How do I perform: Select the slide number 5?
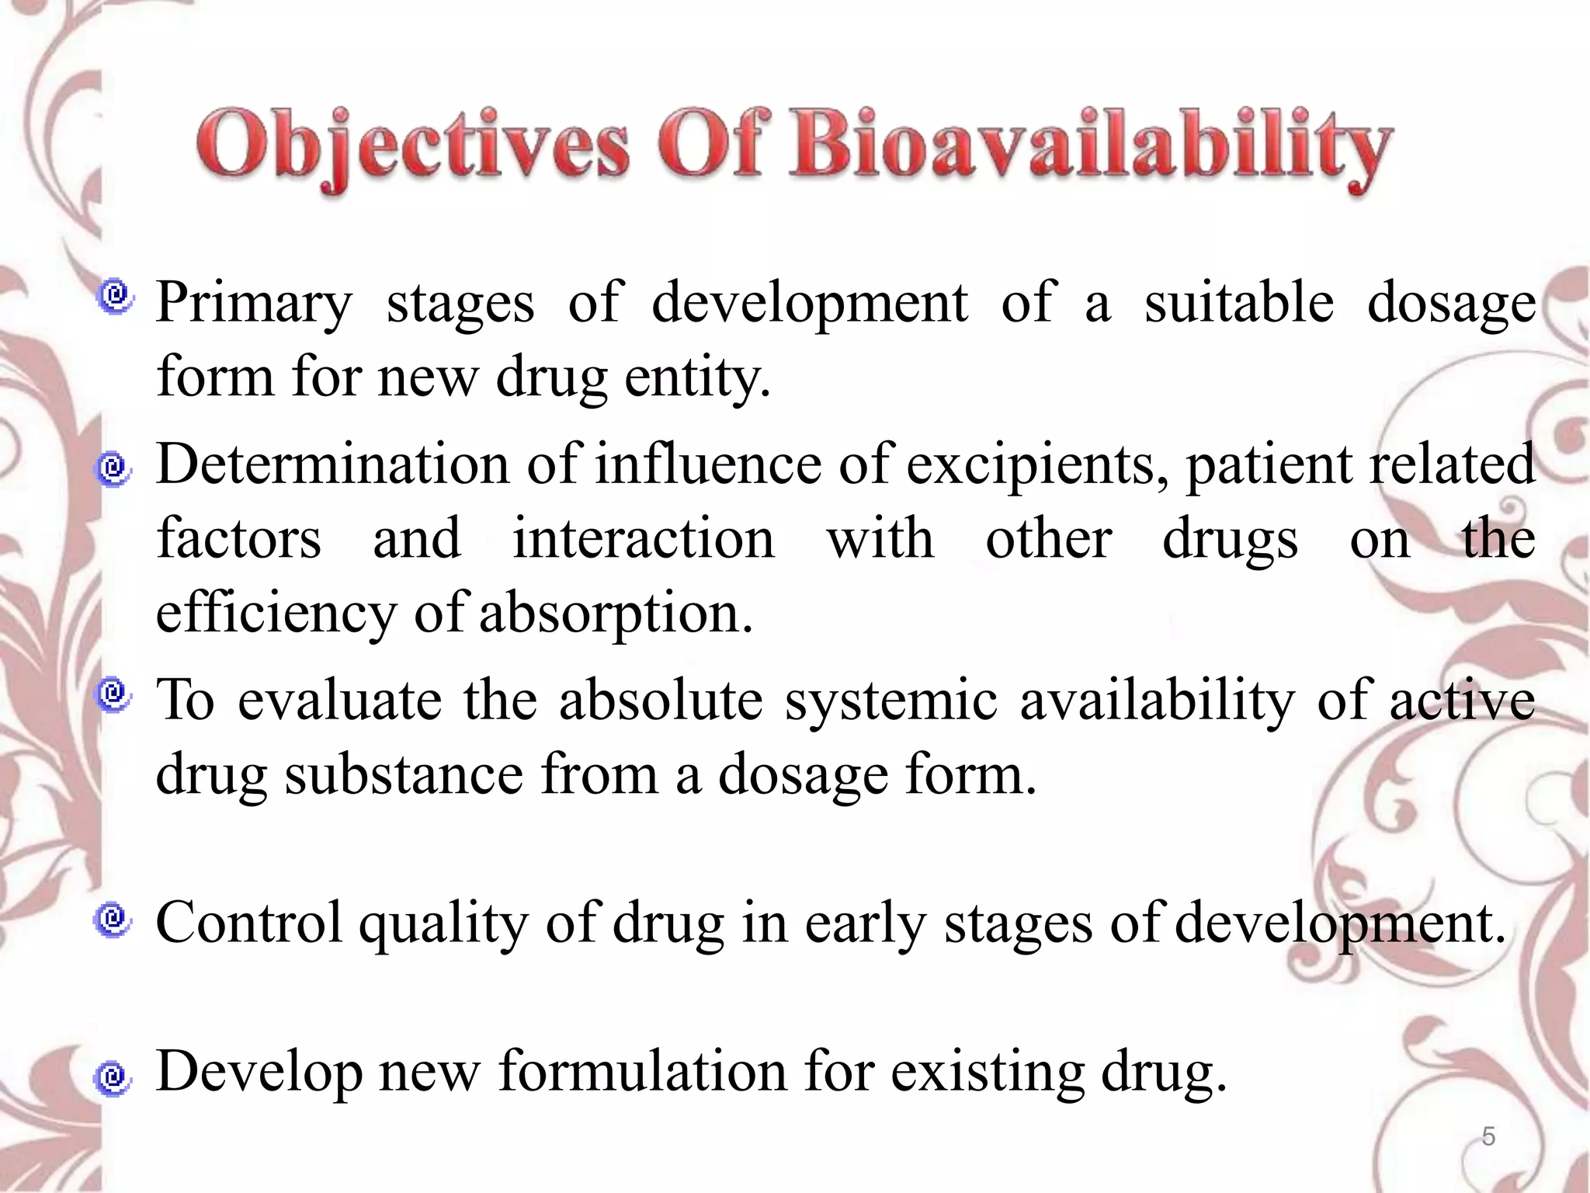(1488, 1136)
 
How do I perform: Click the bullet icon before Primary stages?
(116, 297)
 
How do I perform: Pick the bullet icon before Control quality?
(113, 921)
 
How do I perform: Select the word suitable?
(1239, 303)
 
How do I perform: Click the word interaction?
(643, 539)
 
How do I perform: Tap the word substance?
(404, 775)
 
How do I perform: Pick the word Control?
(248, 923)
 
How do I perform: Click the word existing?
(986, 1073)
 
